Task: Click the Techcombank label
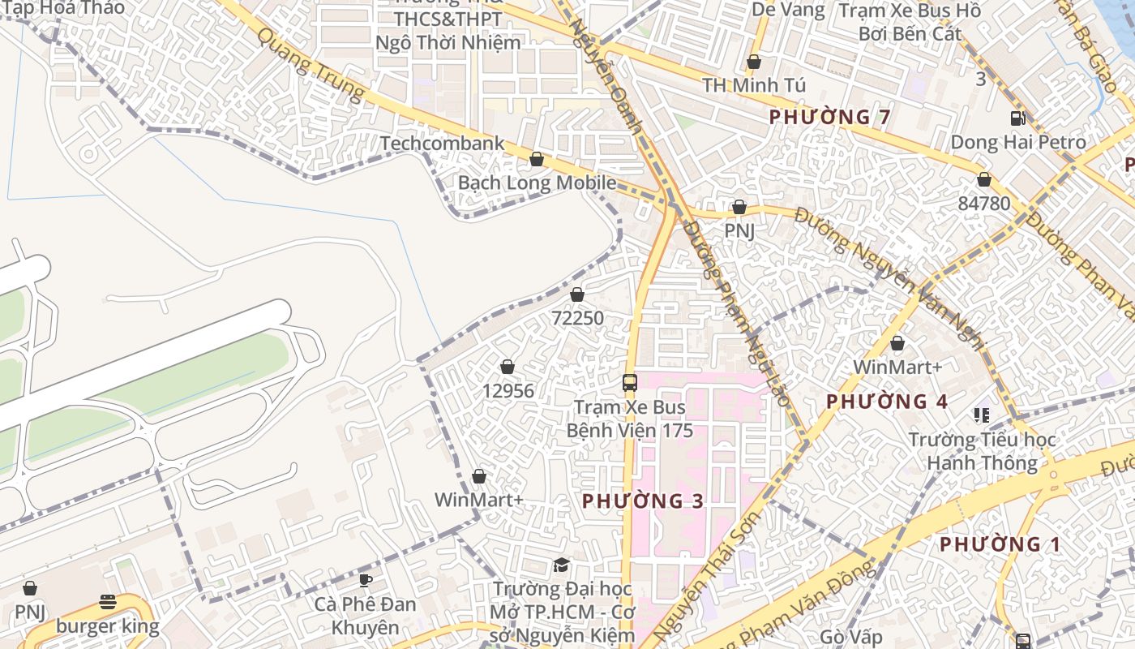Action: pyautogui.click(x=442, y=144)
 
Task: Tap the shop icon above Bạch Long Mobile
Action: pyautogui.click(x=536, y=159)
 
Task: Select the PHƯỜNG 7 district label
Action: pyautogui.click(x=829, y=117)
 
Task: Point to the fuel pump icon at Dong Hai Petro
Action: pyautogui.click(x=1017, y=118)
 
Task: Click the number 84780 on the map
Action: pyautogui.click(x=983, y=203)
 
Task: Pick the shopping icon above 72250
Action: pyautogui.click(x=577, y=294)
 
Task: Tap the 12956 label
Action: pyautogui.click(x=508, y=391)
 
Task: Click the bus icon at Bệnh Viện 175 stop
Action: pyautogui.click(x=630, y=383)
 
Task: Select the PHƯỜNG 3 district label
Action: pyautogui.click(x=643, y=501)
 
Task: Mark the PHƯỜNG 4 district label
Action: pyautogui.click(x=887, y=402)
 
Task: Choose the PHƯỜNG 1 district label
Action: pyautogui.click(x=1000, y=544)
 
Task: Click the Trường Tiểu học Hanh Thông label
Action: pyautogui.click(x=982, y=452)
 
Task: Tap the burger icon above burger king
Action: pyautogui.click(x=108, y=602)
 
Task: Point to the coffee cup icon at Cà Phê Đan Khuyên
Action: pyautogui.click(x=366, y=580)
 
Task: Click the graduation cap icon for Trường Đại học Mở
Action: pyautogui.click(x=561, y=565)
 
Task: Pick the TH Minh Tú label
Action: pyautogui.click(x=753, y=85)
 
